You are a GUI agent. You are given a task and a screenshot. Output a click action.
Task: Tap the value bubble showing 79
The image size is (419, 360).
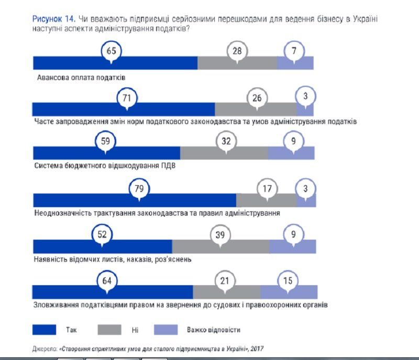(x=139, y=189)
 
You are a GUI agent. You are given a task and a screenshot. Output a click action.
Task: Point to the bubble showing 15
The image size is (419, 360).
(x=288, y=281)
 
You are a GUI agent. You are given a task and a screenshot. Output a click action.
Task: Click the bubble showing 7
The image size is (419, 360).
(x=294, y=51)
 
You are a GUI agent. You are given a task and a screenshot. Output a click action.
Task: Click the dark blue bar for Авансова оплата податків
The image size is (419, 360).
(x=115, y=63)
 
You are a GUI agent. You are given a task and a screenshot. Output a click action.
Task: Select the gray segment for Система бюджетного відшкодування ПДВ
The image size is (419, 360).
(x=224, y=153)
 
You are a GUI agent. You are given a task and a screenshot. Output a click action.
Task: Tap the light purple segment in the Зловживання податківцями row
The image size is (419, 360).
(x=289, y=292)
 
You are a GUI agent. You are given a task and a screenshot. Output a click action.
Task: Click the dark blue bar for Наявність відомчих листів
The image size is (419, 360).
(x=102, y=246)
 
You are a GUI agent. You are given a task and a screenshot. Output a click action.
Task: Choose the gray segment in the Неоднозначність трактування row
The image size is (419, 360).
(x=266, y=200)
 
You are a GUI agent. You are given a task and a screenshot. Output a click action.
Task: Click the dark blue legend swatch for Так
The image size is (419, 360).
(x=44, y=330)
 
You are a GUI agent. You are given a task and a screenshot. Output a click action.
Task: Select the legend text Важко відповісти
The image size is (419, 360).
(x=213, y=330)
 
